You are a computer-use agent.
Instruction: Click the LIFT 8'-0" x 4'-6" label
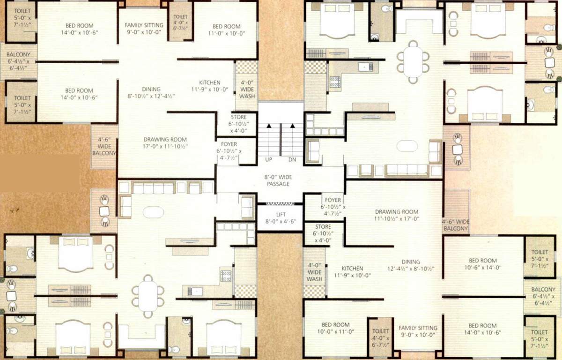[x=280, y=217]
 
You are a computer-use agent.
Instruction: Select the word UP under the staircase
[x=269, y=160]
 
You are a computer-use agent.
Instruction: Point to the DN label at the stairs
[x=292, y=160]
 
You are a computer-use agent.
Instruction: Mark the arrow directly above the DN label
[x=292, y=126]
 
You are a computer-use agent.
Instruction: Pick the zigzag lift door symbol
[x=280, y=204]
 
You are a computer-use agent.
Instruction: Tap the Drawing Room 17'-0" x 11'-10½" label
[x=165, y=143]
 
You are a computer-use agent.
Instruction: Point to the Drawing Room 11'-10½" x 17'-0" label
[x=396, y=215]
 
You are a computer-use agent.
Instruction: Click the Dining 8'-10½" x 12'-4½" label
[x=151, y=92]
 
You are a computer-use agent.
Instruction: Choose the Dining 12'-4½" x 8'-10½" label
[x=410, y=265]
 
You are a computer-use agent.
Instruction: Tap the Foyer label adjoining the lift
[x=331, y=207]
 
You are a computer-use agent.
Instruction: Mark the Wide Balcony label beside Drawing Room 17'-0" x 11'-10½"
[x=104, y=146]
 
